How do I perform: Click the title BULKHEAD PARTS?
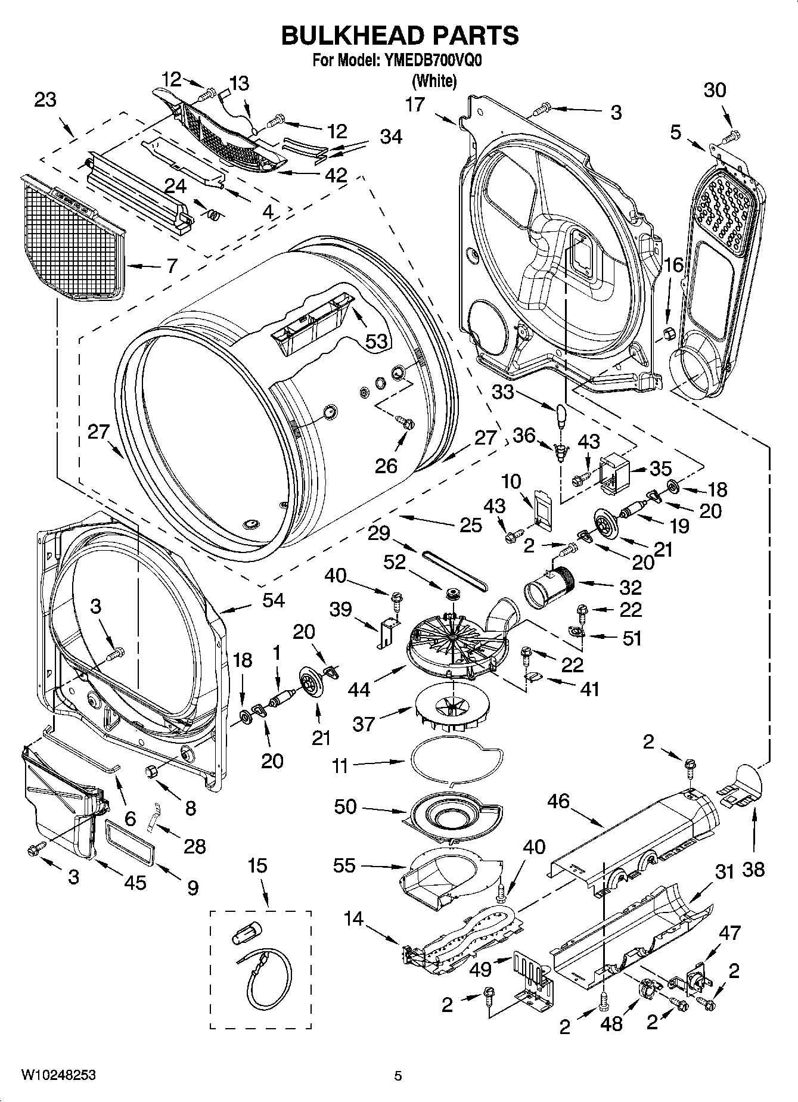point(399,36)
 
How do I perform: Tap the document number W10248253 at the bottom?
point(58,1075)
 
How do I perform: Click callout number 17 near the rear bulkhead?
point(415,105)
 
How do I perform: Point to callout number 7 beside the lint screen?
point(172,265)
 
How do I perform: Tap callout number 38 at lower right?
point(753,869)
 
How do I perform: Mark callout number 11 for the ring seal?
point(340,765)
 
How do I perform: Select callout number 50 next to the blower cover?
point(346,806)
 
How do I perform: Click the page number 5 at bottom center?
point(398,1076)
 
